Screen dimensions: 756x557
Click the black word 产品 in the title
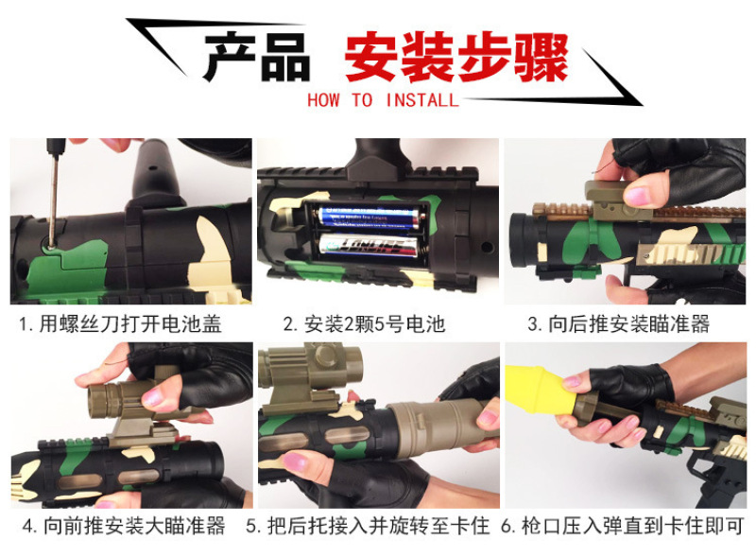tap(256, 57)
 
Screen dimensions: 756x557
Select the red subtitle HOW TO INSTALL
tap(384, 100)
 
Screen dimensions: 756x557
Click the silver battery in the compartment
tap(369, 244)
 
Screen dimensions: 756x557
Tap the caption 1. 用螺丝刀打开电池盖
tap(120, 323)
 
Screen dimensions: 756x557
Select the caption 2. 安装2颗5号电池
tap(365, 323)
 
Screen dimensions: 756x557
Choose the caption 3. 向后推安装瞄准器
tap(619, 323)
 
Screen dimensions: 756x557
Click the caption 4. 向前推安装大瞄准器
tap(124, 526)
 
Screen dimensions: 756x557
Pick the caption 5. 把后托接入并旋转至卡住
tap(368, 526)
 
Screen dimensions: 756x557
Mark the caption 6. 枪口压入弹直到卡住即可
tap(622, 526)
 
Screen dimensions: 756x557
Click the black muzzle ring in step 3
tap(524, 240)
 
